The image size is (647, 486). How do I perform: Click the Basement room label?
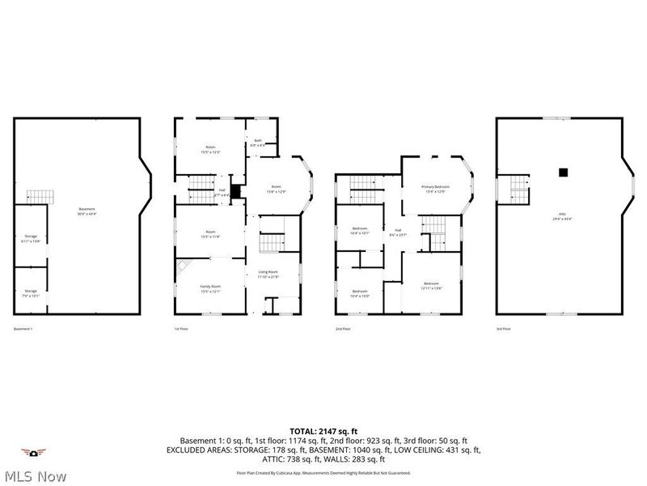tap(87, 212)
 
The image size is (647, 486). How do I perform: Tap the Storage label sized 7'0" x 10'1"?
tap(30, 292)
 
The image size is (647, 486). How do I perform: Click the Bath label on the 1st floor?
tap(258, 143)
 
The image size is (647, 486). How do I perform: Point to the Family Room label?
tap(210, 288)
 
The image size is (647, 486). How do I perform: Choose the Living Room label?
tap(268, 273)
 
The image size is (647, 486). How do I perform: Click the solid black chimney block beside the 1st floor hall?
tap(235, 192)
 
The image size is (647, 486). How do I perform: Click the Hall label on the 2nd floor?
tap(397, 232)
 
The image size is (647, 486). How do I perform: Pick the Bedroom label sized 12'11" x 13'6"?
tap(431, 285)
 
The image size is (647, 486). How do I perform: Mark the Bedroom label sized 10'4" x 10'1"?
tap(360, 231)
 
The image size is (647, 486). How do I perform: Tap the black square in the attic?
tap(562, 171)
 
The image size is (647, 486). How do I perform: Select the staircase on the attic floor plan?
tap(517, 191)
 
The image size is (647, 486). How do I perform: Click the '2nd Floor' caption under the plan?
tap(343, 329)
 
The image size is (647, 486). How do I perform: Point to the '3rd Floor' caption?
tap(503, 329)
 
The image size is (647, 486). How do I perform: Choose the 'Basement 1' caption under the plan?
tap(23, 329)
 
